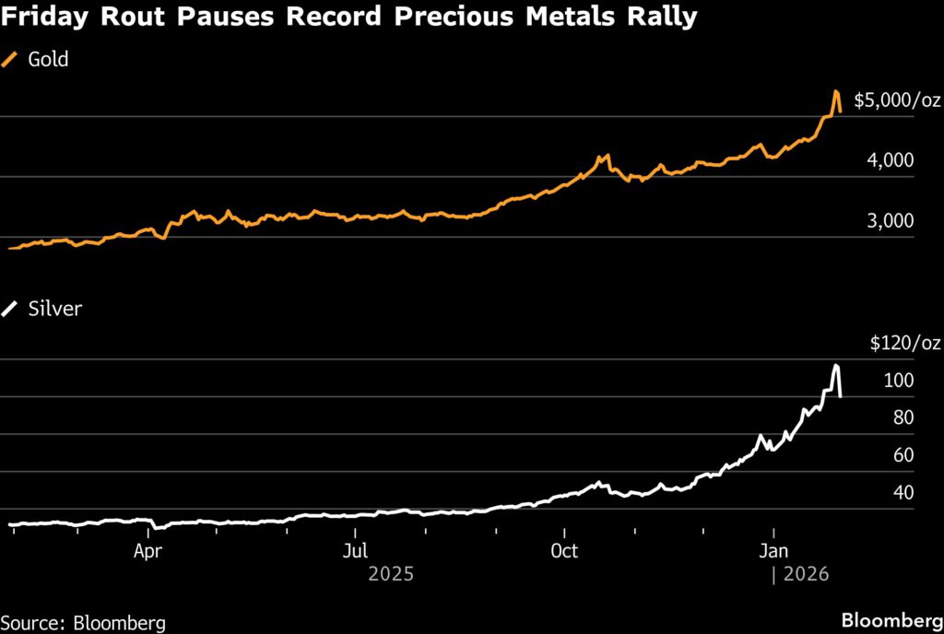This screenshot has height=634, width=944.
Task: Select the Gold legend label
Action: click(x=48, y=60)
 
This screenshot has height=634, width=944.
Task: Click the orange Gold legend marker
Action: click(x=12, y=60)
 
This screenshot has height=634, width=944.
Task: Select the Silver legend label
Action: click(x=54, y=309)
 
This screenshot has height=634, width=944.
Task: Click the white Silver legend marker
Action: click(x=12, y=309)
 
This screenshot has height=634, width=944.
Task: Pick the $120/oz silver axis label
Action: click(x=904, y=344)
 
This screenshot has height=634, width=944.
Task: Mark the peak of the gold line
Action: click(x=835, y=92)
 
